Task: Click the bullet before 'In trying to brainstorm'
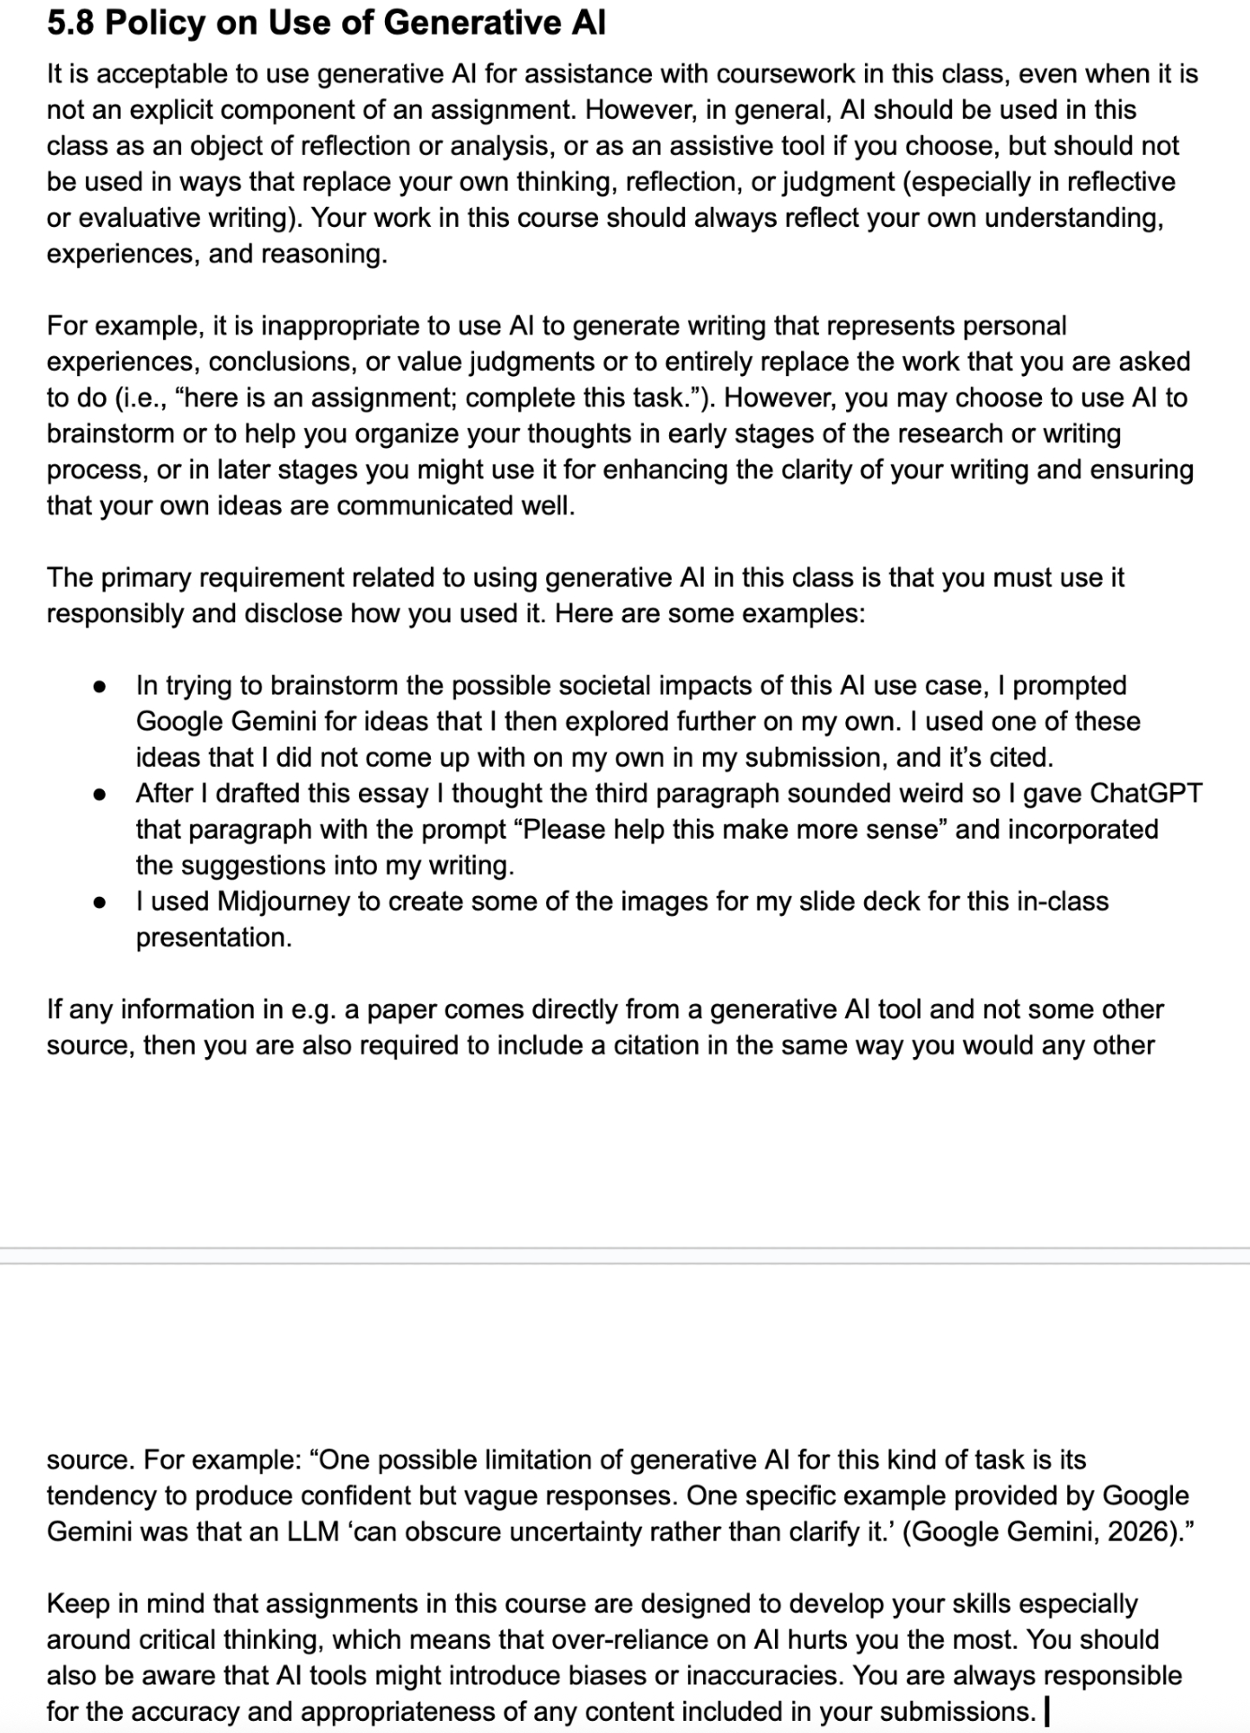[x=100, y=686]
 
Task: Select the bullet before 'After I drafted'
[x=100, y=794]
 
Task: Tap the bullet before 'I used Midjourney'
[x=100, y=902]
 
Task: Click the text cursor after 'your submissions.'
[x=1048, y=1711]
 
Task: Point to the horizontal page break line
[x=625, y=1249]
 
